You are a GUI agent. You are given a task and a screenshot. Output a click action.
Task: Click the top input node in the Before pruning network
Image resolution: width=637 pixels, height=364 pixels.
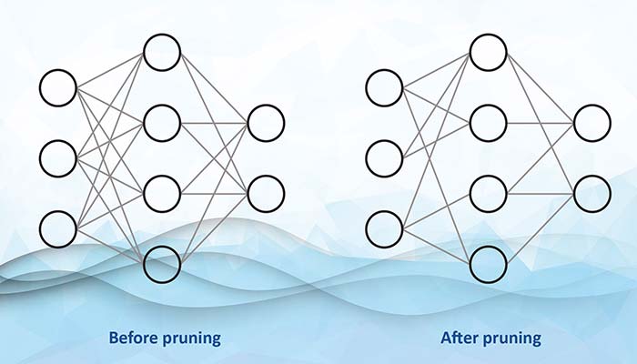click(x=58, y=88)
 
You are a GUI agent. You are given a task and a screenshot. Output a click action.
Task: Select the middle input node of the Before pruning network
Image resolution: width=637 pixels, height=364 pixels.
click(x=58, y=157)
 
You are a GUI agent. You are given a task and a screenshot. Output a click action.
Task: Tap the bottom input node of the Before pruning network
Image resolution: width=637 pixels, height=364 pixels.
click(x=58, y=227)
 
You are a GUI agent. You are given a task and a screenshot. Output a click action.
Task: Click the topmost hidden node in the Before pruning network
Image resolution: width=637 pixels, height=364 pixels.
click(x=162, y=53)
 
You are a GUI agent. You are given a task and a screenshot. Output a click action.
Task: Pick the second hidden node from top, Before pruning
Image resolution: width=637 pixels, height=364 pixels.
click(x=162, y=123)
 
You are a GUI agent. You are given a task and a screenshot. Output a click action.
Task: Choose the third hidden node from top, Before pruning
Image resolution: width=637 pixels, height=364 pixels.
click(x=162, y=192)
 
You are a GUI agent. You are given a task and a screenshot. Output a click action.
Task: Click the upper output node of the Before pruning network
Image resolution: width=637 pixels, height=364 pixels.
click(x=266, y=123)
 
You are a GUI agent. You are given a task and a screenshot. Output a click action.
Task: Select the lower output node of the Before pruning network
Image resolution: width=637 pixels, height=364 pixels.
click(x=266, y=192)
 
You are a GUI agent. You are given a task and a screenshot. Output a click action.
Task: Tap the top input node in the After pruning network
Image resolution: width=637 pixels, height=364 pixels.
click(x=384, y=88)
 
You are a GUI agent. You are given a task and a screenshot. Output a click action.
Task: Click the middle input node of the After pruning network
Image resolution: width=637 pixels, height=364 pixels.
click(x=384, y=157)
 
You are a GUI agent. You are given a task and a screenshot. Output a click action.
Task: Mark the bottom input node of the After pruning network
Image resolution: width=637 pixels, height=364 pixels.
click(x=384, y=227)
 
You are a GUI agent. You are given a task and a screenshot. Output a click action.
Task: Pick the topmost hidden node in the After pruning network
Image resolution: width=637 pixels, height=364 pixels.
click(x=488, y=53)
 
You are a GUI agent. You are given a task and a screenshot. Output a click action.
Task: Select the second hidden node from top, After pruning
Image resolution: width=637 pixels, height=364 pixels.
click(x=488, y=123)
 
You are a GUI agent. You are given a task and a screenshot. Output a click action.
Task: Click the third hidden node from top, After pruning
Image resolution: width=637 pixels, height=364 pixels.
click(x=488, y=192)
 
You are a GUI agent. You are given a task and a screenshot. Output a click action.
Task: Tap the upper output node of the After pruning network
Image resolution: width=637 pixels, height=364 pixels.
click(x=591, y=123)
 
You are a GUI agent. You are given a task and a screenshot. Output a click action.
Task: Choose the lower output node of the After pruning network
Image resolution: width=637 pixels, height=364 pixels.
click(x=591, y=192)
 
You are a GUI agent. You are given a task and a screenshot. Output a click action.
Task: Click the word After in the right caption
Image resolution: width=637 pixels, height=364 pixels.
click(x=460, y=339)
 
